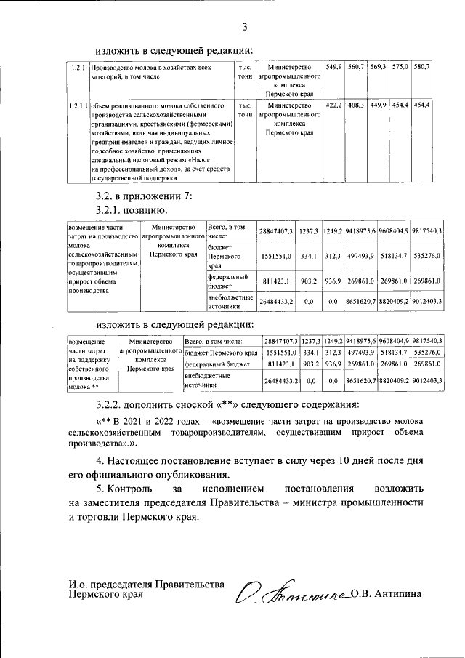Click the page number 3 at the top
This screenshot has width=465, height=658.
coord(245,28)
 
